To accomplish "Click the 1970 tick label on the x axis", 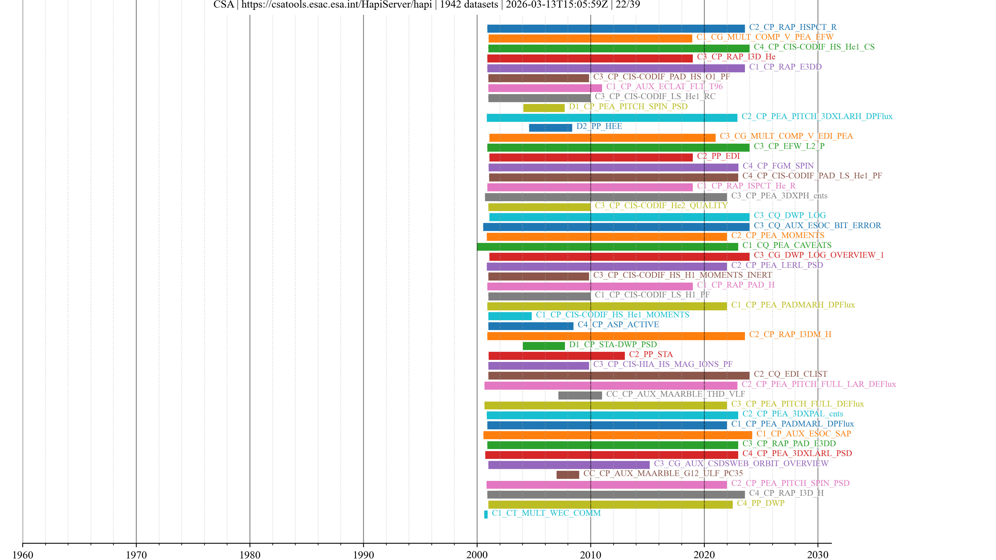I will (136, 555).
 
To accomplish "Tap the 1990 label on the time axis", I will (363, 555).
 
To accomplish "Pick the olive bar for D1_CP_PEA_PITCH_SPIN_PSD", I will (544, 108).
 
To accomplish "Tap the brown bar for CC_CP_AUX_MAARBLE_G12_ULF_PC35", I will (568, 475).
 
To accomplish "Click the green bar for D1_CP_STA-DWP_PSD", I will (544, 346).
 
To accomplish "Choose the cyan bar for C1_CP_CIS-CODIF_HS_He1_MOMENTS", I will (510, 316).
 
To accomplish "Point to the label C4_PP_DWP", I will (760, 503).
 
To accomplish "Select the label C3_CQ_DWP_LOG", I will (790, 215).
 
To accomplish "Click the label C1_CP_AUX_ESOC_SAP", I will (804, 434).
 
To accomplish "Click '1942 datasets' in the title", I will (469, 5).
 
